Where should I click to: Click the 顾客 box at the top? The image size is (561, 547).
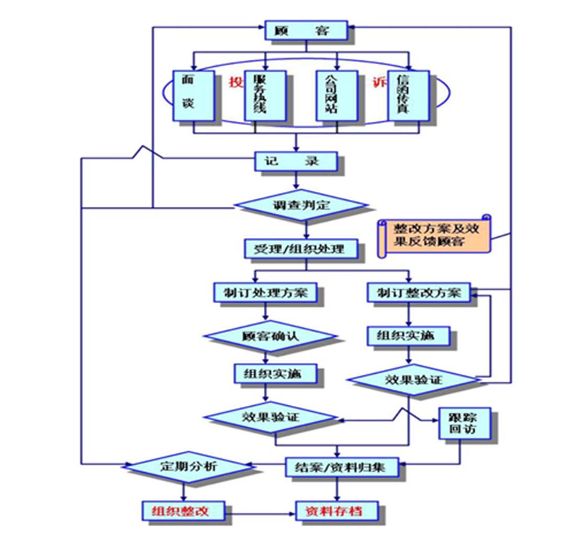(x=306, y=30)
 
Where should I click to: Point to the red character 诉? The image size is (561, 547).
(x=378, y=82)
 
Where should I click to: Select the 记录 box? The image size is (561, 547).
(x=296, y=161)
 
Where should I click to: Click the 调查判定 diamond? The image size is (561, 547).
(x=301, y=205)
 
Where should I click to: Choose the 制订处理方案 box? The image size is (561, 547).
(x=266, y=292)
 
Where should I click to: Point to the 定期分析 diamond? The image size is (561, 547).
(x=185, y=466)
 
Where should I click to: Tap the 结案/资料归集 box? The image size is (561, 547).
(x=341, y=466)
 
